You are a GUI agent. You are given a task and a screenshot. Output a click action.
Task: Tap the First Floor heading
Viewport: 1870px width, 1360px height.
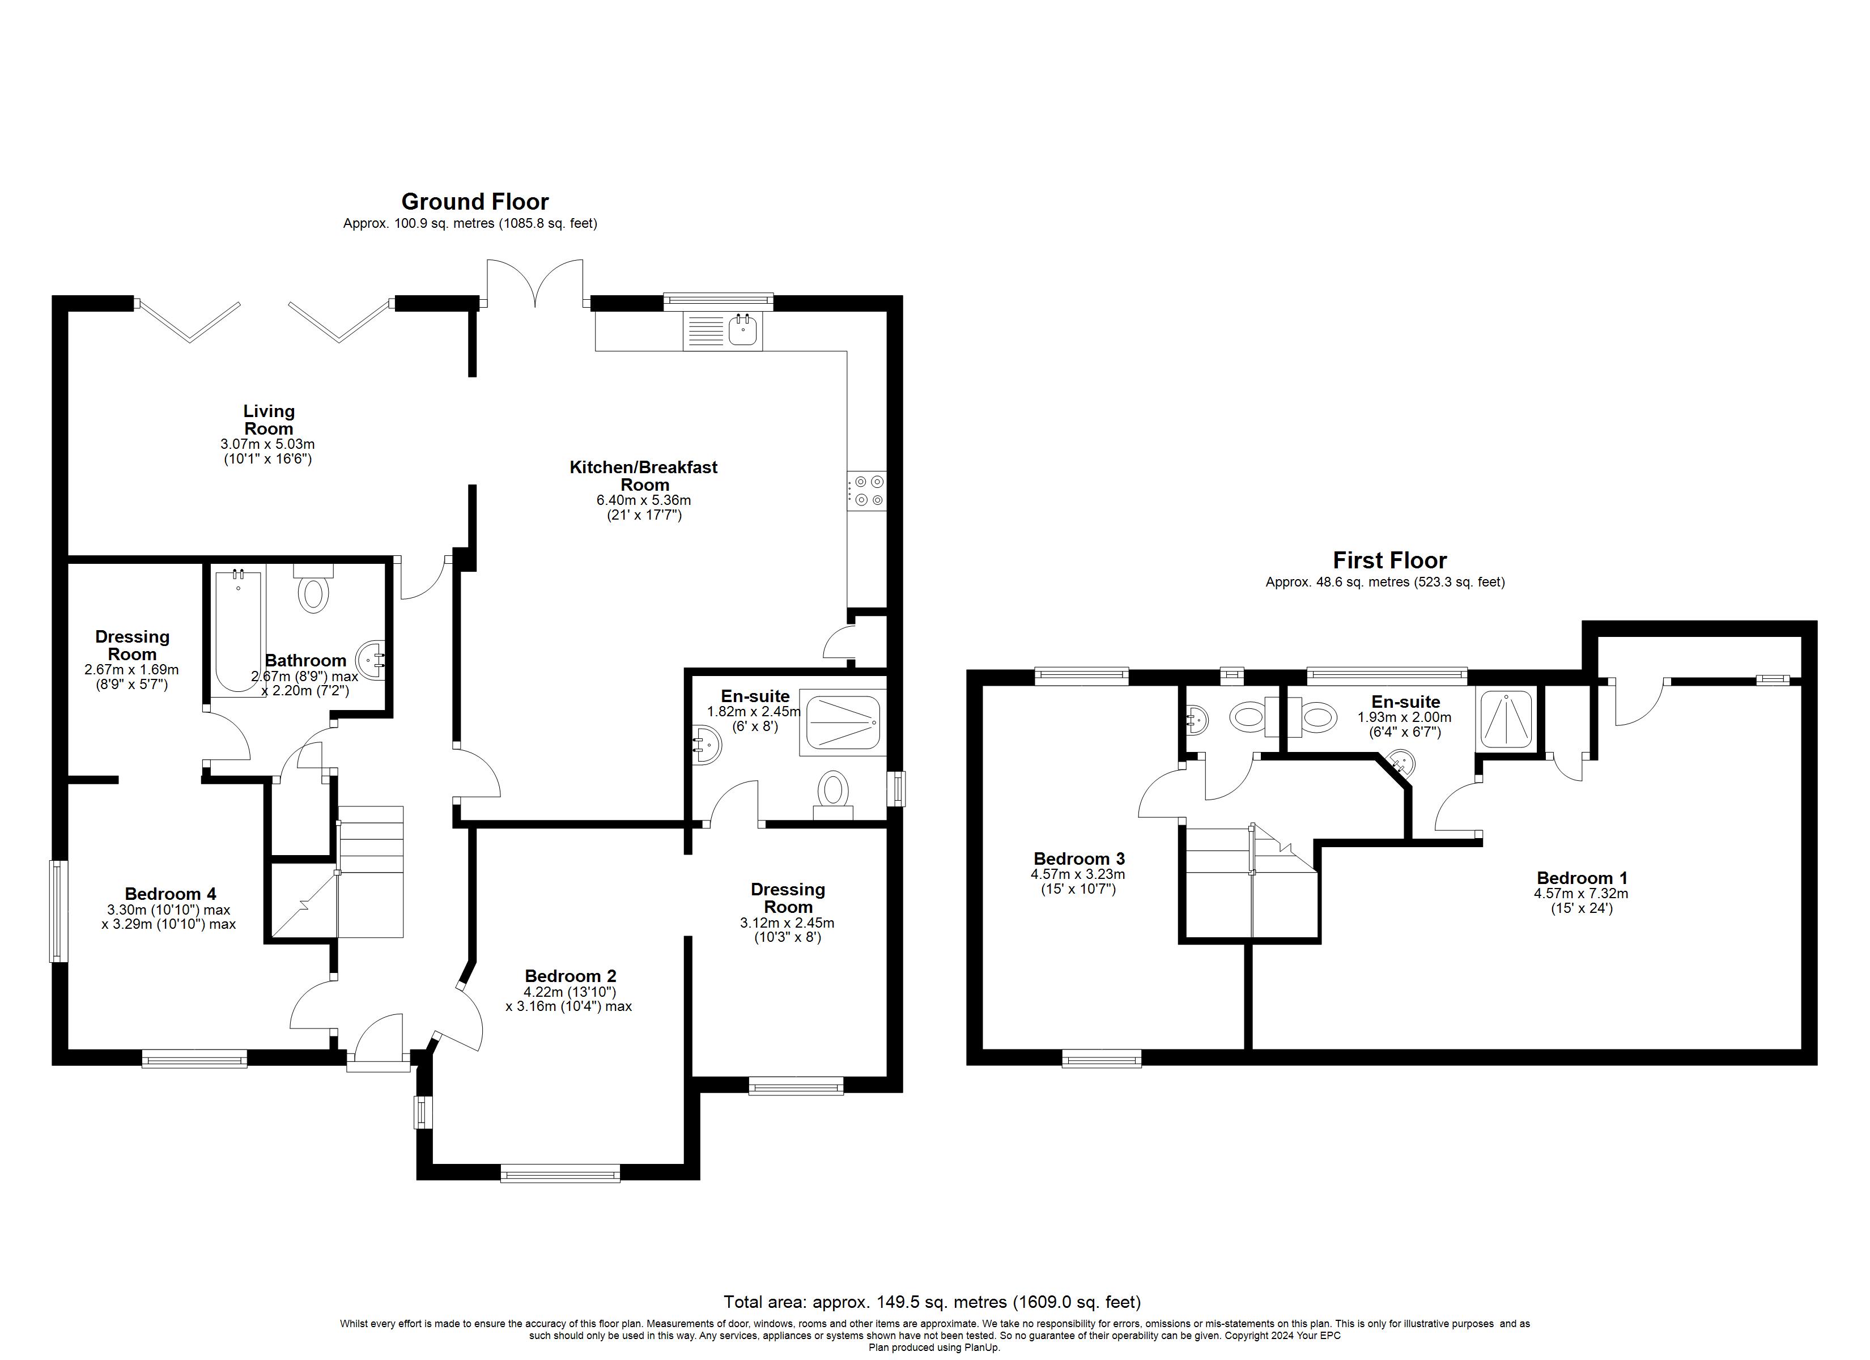point(1389,561)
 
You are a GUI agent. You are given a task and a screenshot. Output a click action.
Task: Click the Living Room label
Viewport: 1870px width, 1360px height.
point(268,420)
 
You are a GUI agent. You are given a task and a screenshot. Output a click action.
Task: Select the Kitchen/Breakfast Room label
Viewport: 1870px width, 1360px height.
point(643,476)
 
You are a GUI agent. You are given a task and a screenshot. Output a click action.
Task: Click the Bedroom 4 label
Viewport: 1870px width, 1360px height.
point(171,894)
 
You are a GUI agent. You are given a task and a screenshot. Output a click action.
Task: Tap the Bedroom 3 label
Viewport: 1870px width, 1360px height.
point(1078,858)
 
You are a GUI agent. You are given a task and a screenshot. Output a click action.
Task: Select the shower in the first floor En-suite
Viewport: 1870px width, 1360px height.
point(1506,719)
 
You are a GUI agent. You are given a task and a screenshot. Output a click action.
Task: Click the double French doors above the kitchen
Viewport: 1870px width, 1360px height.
point(535,284)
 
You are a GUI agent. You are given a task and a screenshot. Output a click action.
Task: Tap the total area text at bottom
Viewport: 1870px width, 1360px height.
point(932,1302)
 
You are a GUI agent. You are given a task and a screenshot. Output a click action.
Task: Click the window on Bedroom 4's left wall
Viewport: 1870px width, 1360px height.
point(58,911)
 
